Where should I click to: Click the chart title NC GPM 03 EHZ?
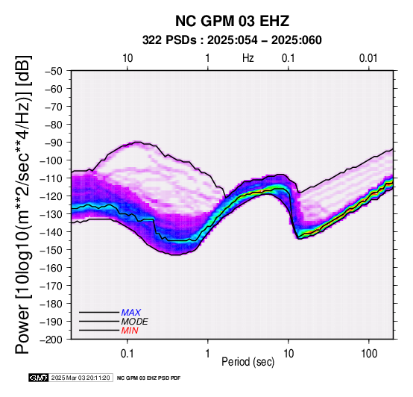tap(232, 21)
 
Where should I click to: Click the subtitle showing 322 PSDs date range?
tap(232, 40)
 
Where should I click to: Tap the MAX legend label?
tap(130, 313)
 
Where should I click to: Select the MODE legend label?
tap(134, 322)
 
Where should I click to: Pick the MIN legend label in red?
tap(130, 331)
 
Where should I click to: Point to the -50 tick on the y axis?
tap(54, 71)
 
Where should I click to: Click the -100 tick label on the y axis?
tap(51, 160)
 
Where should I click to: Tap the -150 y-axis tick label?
tap(51, 250)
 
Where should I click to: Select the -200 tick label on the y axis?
tap(51, 340)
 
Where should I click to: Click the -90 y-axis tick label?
tap(54, 143)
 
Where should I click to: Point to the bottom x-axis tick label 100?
tap(369, 353)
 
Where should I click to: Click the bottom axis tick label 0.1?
tap(127, 353)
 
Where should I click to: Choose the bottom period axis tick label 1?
tap(208, 353)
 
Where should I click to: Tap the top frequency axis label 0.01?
tap(368, 58)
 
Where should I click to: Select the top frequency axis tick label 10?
tap(127, 58)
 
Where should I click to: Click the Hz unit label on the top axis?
tap(248, 58)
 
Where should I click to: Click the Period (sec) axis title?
tap(248, 362)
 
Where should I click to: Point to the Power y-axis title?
tap(22, 204)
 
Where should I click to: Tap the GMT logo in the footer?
tap(38, 378)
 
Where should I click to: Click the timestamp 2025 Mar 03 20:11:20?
tap(81, 378)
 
